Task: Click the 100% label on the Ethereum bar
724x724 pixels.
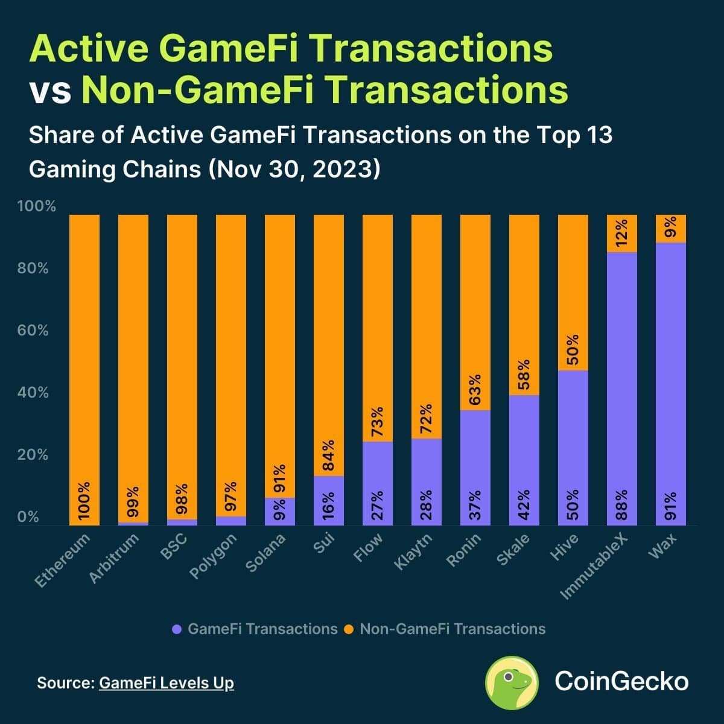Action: point(84,501)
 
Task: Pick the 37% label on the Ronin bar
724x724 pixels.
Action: point(475,504)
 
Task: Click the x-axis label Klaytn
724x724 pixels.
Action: point(413,552)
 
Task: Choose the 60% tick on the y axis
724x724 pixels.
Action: point(33,331)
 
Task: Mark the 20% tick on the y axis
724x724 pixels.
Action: point(33,455)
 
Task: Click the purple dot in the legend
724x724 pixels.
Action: point(177,629)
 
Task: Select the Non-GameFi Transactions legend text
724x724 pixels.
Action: point(452,629)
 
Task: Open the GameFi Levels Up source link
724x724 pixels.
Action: point(166,683)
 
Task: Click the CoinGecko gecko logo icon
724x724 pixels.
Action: point(512,682)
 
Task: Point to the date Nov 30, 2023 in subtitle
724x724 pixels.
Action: point(294,169)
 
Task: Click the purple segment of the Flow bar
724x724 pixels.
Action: point(377,483)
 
